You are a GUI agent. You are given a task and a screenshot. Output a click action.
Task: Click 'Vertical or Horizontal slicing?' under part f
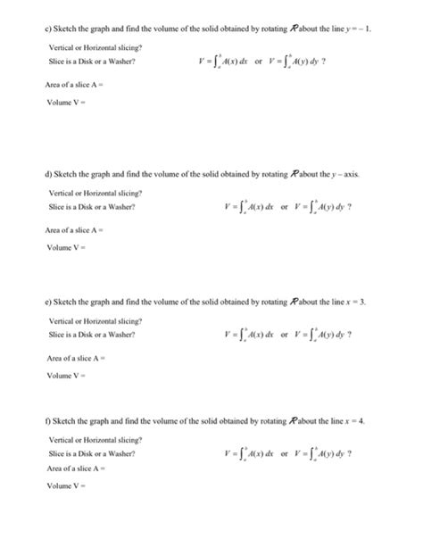pyautogui.click(x=88, y=439)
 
